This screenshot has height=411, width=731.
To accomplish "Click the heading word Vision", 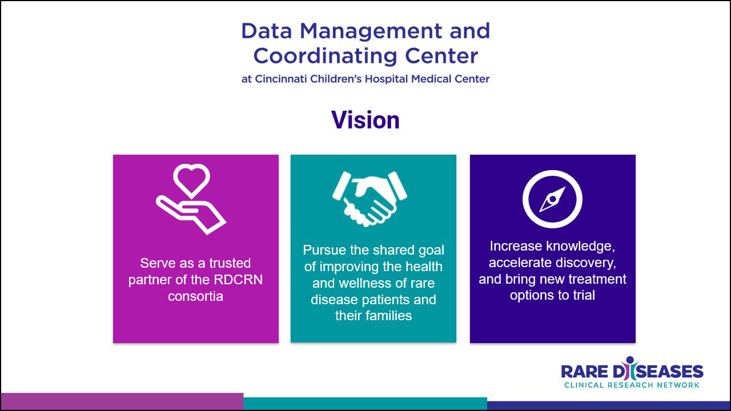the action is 365,120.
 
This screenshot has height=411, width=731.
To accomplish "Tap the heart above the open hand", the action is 191,170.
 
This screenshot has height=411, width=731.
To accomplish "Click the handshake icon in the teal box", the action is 369,199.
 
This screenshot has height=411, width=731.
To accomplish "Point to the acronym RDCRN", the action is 238,280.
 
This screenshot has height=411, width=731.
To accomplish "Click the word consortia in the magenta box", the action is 195,296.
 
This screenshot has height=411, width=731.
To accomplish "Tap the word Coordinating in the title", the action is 325,56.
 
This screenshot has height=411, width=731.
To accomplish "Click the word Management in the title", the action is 371,31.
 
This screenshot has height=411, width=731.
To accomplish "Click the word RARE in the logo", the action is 584,372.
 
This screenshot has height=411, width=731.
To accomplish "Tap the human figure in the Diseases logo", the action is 629,368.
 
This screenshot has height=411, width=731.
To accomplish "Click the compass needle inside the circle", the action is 552,199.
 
